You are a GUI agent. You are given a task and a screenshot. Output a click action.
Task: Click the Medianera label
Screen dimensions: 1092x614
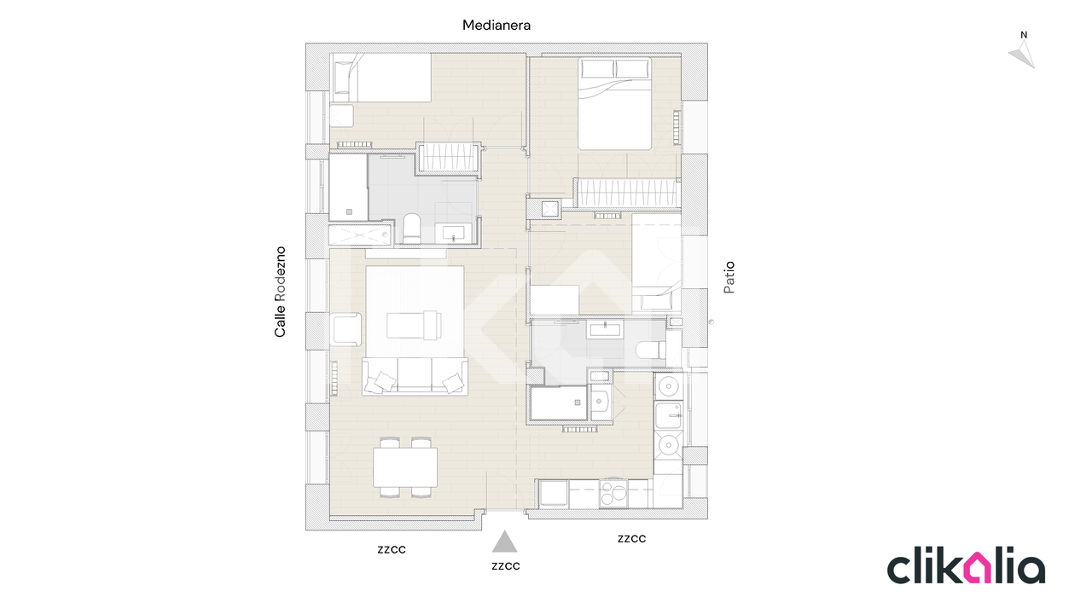pos(497,26)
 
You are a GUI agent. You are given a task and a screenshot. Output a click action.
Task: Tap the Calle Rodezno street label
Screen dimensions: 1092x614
pos(280,292)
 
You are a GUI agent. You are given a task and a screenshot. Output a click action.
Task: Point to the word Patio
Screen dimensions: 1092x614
pos(729,278)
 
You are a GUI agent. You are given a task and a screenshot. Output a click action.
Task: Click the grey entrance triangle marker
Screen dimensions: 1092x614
pos(504,542)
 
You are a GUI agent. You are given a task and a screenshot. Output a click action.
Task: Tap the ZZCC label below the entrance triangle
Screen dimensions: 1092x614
pos(506,566)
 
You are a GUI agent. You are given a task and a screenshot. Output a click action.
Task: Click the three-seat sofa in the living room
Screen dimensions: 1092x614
pos(415,376)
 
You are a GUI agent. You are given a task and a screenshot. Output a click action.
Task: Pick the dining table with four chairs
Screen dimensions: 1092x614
pos(405,467)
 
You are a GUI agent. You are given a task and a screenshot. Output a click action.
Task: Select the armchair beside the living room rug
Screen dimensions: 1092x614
pos(346,329)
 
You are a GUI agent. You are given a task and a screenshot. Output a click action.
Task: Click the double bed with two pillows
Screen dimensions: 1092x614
pos(614,104)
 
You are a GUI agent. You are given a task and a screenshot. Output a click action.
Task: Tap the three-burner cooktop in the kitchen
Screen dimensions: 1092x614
pos(613,494)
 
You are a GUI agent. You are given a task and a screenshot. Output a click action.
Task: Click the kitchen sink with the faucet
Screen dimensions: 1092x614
pos(668,415)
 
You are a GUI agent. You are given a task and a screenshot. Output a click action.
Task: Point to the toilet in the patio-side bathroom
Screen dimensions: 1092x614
pos(651,350)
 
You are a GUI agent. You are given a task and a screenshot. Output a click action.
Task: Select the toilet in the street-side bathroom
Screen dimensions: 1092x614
pos(412,229)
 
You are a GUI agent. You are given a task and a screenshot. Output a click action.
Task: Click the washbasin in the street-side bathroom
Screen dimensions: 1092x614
pos(453,233)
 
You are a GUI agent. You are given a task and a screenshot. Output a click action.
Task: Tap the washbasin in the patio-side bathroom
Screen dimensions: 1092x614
pos(606,329)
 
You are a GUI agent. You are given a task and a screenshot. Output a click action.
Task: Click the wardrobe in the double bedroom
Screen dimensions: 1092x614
pos(627,193)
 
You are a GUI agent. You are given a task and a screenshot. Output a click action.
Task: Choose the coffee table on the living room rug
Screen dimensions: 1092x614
pos(414,325)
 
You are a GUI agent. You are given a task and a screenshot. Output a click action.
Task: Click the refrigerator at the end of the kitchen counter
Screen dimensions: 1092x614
pos(554,494)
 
